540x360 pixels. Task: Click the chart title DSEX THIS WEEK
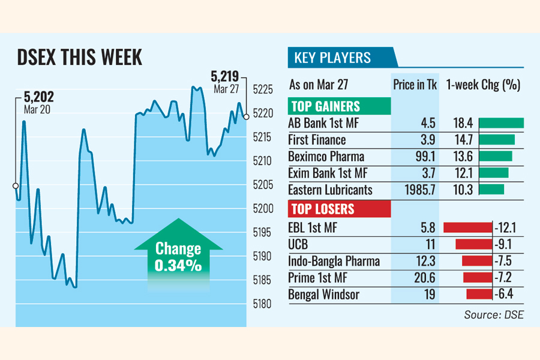80,58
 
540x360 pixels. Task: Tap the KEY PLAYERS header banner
332,58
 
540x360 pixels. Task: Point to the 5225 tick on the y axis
262,90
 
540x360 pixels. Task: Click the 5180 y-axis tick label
262,304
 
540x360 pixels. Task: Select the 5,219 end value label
224,76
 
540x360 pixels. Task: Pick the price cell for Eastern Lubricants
419,190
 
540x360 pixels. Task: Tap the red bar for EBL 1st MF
467,228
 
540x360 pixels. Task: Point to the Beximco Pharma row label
325,157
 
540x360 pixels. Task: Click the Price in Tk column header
415,85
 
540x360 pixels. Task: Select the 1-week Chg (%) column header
483,85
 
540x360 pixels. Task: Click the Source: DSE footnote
493,314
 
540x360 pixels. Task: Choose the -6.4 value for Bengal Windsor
505,295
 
